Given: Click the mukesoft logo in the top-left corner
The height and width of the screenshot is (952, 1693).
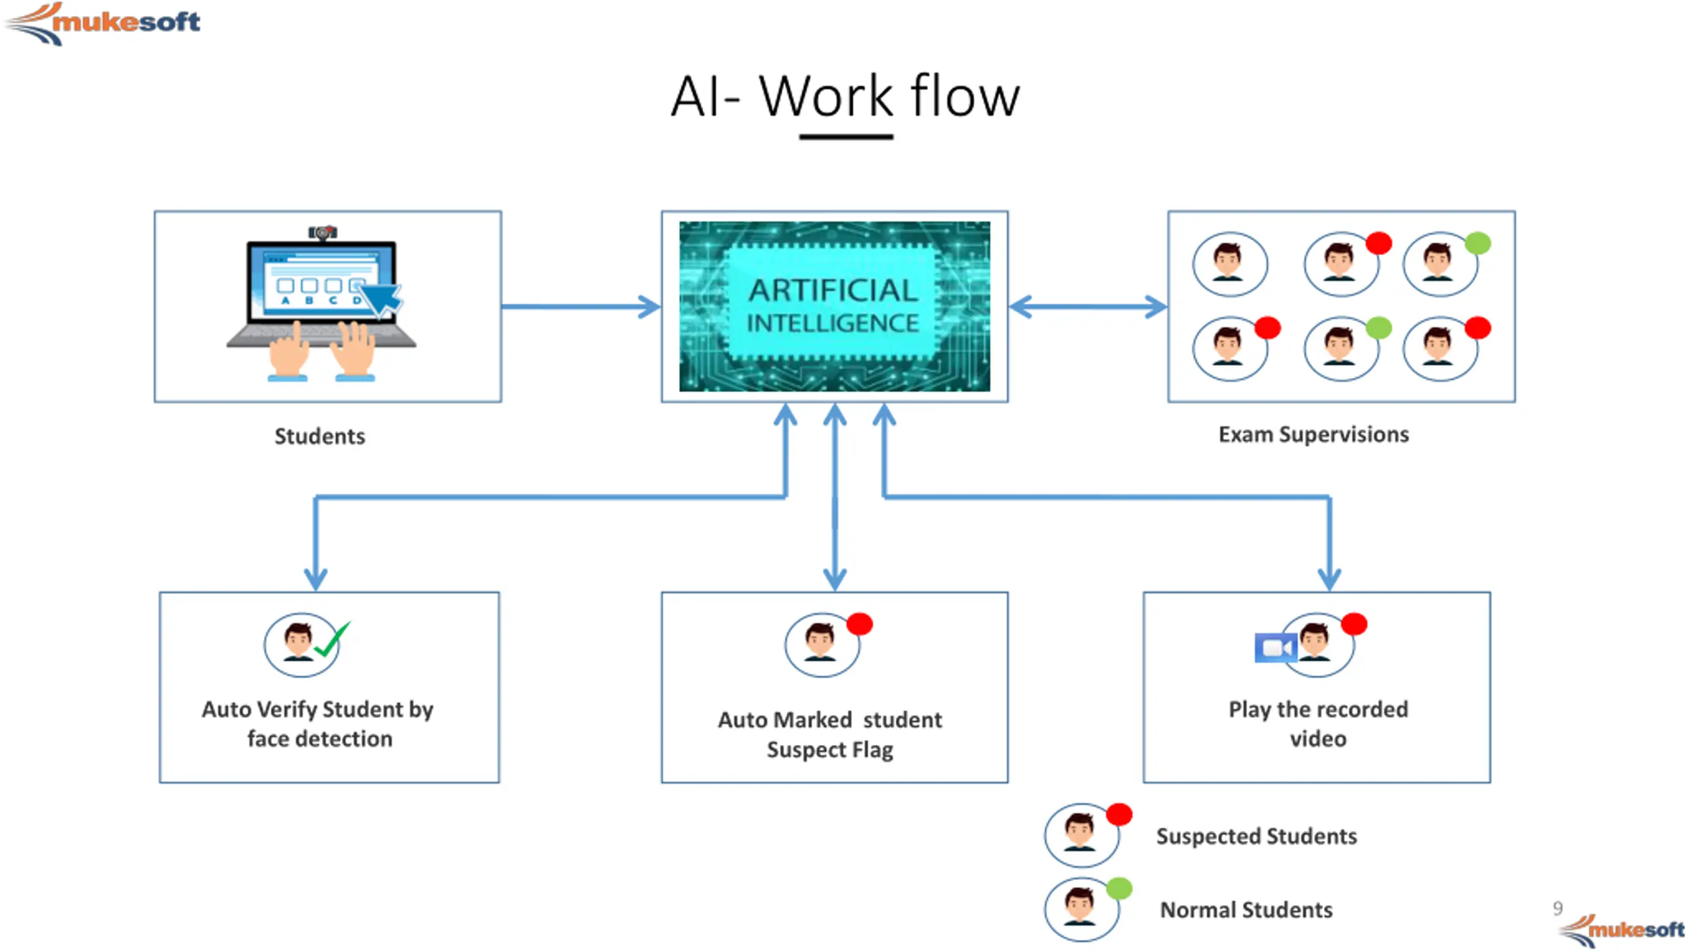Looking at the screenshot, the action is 103,23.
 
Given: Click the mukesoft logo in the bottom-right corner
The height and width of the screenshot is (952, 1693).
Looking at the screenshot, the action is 1622,929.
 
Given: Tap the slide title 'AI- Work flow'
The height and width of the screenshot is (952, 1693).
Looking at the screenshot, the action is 845,97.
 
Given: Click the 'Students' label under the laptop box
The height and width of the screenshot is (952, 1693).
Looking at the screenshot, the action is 319,436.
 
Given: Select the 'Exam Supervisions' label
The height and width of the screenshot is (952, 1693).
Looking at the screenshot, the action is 1313,434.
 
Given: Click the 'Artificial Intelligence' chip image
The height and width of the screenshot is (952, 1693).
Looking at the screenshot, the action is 835,306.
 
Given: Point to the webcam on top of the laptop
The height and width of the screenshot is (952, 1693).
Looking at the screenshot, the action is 323,233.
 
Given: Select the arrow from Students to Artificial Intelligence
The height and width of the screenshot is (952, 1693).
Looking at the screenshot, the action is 581,306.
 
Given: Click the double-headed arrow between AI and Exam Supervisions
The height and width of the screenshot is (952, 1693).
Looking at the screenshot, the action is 1088,307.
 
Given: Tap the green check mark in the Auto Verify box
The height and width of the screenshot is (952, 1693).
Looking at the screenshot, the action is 332,639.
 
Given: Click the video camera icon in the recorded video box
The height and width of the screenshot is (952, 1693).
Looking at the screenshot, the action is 1275,648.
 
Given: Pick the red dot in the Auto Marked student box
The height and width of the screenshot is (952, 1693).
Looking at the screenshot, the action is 860,624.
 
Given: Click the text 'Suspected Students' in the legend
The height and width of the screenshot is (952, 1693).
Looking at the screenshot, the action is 1257,836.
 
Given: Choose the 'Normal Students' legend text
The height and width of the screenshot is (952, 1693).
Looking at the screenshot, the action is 1247,910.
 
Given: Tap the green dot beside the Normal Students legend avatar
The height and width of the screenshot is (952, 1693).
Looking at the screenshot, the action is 1120,888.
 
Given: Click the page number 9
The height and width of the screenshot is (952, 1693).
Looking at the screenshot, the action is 1558,908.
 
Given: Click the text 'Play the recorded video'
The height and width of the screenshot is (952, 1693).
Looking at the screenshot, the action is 1318,724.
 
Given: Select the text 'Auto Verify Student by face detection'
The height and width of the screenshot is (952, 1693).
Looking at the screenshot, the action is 318,724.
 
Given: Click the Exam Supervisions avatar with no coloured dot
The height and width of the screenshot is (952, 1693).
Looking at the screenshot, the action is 1230,264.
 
